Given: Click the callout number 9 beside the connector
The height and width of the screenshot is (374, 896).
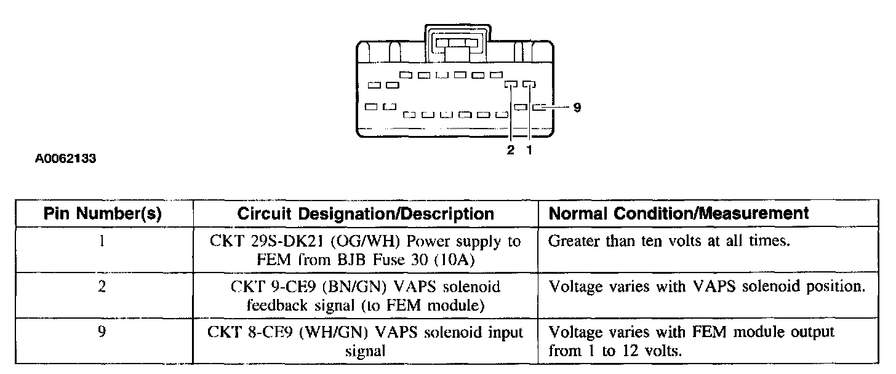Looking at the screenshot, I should point(577,108).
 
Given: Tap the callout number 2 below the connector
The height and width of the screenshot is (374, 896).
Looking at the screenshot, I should point(511,150).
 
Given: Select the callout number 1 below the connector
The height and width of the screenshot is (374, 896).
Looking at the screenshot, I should point(529,150).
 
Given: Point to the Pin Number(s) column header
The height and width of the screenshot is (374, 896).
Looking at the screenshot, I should point(103,213).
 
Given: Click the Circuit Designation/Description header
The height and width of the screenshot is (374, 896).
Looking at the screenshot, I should point(366,213).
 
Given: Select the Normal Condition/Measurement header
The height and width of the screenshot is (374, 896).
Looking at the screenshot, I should point(678,213).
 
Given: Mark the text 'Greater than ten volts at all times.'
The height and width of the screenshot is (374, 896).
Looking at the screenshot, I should point(668,242).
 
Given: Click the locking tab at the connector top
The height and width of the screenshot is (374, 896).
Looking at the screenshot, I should point(457,44).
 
